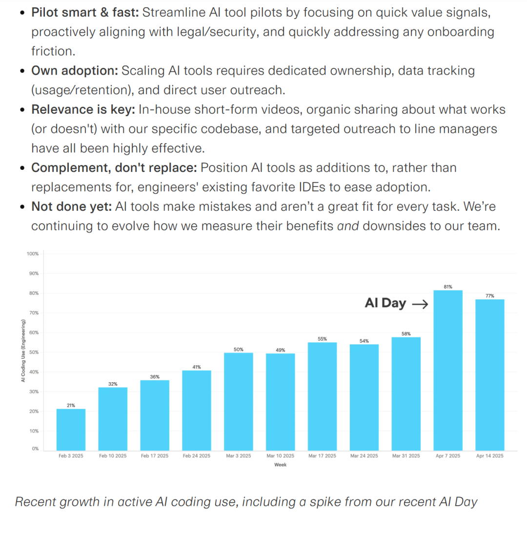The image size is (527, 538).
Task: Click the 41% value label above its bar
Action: pos(197,367)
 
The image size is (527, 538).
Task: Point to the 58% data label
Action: pos(406,334)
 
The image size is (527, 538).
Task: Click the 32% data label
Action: pos(113,384)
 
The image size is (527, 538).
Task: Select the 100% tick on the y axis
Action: pos(33,254)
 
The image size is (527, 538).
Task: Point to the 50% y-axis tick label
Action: pos(34,352)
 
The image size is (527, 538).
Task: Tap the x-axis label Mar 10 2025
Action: pos(280,456)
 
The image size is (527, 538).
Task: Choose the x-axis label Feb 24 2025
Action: pos(196,456)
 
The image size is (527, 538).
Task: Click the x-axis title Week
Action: pos(280,465)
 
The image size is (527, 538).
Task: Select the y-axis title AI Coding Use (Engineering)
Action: pos(23,351)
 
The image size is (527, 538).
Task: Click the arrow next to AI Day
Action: pos(420,304)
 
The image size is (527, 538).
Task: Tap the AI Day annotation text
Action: pos(385,303)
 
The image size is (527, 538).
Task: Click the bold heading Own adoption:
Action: pos(75,71)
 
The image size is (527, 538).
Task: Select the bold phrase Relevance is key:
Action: pos(83,110)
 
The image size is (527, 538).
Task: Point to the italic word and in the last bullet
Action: pos(348,226)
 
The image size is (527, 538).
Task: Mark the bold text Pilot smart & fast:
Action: pos(86,12)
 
